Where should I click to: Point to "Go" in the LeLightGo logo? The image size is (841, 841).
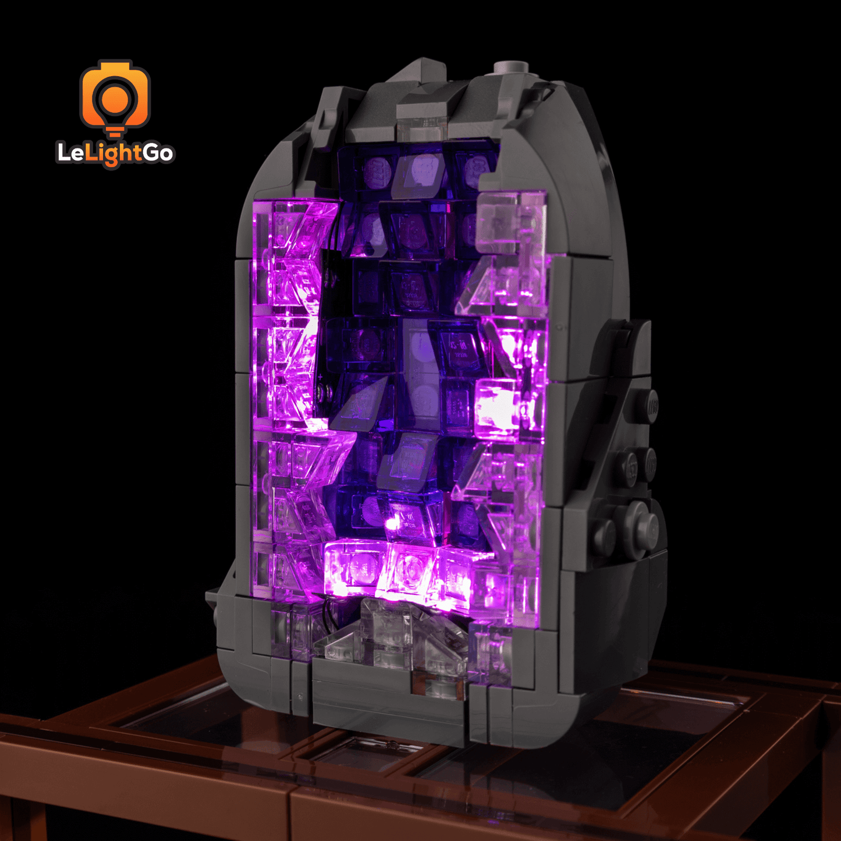click(x=158, y=153)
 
